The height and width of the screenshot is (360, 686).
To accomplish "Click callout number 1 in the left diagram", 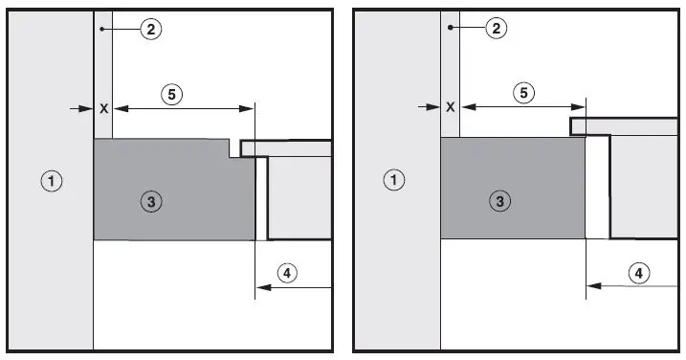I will pos(54,179).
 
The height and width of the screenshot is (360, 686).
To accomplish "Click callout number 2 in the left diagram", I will pos(149,29).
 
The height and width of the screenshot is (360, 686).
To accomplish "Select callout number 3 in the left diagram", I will pos(149,200).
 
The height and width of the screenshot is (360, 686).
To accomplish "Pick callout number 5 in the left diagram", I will pos(170,94).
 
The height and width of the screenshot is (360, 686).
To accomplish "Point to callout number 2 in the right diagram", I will pos(496,29).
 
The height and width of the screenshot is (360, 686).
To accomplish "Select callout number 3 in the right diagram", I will pos(496,200).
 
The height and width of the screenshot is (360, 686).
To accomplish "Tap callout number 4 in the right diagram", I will pos(636,273).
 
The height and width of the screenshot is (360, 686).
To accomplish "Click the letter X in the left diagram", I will pos(103,109).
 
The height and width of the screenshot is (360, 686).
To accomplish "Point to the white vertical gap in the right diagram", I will pos(597,188).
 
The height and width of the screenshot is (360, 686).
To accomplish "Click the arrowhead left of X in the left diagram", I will pos(89,109).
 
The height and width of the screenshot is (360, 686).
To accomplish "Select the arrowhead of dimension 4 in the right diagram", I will pos(592,285).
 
